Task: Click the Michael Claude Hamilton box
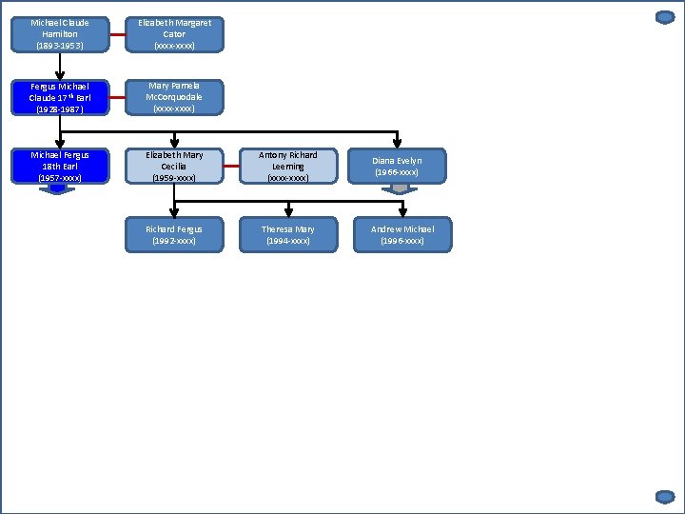[60, 33]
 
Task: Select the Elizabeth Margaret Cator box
[174, 33]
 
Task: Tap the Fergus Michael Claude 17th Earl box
[60, 97]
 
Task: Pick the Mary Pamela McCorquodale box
[174, 97]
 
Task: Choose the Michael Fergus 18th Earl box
[60, 166]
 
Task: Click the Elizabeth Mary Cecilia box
[174, 166]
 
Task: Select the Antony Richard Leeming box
[288, 166]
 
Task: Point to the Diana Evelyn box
[397, 166]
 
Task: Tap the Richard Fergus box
[174, 235]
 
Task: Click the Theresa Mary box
[288, 235]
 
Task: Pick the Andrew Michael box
[402, 235]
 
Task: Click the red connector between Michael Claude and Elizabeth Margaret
[117, 34]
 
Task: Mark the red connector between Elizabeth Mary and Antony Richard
[231, 166]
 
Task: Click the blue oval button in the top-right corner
[665, 17]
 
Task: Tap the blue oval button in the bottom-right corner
[665, 496]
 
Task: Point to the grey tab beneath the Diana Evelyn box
[400, 188]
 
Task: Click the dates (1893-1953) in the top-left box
[60, 46]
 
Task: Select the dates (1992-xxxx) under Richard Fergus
[174, 242]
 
